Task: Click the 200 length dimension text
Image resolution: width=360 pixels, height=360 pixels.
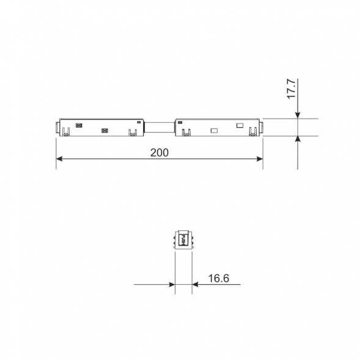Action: click(x=160, y=152)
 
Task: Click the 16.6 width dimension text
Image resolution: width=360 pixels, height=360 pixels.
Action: click(x=218, y=279)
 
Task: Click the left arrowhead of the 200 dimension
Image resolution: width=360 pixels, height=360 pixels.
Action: click(x=60, y=159)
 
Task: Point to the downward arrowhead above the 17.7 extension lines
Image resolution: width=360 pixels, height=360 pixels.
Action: click(x=298, y=114)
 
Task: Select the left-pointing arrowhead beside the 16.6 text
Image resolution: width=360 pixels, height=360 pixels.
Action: click(x=196, y=284)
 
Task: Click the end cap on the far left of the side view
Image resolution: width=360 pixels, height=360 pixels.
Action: click(x=57, y=128)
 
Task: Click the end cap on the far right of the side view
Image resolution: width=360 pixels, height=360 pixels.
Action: click(x=261, y=128)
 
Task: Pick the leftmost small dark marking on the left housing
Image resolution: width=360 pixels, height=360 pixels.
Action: click(x=78, y=125)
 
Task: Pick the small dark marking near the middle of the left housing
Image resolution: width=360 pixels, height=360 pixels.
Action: click(x=104, y=130)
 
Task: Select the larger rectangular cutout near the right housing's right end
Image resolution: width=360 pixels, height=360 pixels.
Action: click(x=240, y=126)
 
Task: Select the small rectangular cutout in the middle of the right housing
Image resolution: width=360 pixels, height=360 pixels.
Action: click(x=214, y=130)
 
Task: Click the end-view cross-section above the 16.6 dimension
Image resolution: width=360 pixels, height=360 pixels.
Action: click(x=183, y=240)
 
